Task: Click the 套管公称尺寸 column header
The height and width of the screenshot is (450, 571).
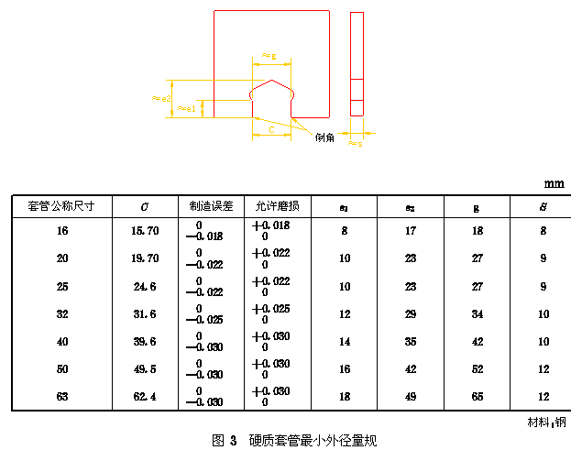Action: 61,206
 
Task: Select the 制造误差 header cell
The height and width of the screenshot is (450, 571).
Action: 211,206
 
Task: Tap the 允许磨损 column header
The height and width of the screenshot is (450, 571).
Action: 277,206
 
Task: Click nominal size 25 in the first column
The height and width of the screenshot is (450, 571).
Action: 61,286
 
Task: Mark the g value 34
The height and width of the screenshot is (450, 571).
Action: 476,314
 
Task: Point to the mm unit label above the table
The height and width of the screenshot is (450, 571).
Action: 553,183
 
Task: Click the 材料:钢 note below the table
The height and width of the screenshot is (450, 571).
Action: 546,423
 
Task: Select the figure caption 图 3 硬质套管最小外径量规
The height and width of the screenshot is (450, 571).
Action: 294,440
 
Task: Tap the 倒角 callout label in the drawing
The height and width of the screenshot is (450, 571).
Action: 325,137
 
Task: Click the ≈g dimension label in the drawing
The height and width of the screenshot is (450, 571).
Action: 269,56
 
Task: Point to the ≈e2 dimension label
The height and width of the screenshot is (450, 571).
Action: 162,97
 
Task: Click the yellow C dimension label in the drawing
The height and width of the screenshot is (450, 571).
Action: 272,129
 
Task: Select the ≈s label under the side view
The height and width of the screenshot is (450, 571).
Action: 356,144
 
